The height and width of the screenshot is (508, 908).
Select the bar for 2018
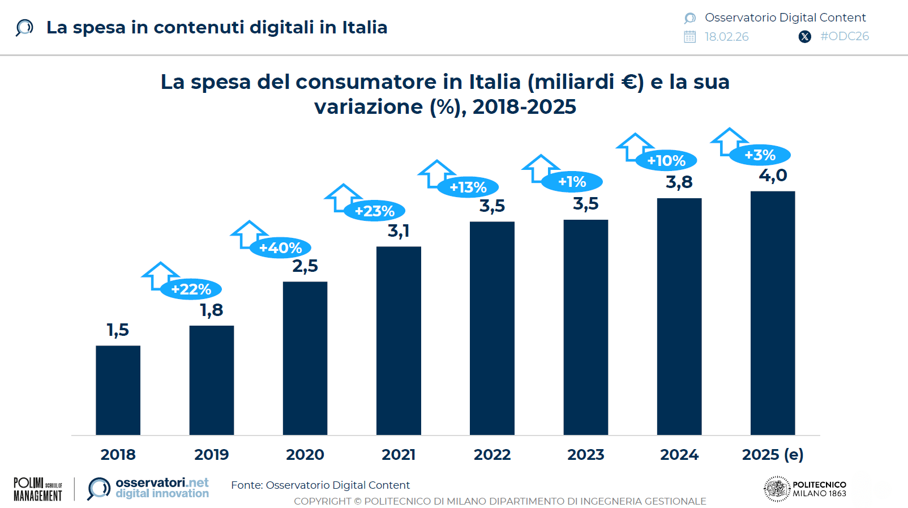[x=118, y=390]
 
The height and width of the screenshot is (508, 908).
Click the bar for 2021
[x=399, y=340]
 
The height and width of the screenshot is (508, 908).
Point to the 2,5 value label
[x=305, y=266]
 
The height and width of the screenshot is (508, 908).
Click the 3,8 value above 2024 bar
[x=679, y=182]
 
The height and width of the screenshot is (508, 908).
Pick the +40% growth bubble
[x=280, y=248]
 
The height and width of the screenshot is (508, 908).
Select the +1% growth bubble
[x=572, y=182]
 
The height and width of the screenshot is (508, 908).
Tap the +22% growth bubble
[x=191, y=289]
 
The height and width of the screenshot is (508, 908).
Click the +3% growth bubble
[x=760, y=155]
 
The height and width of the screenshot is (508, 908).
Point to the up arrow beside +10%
[x=634, y=146]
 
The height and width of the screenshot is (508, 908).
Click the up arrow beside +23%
[x=342, y=197]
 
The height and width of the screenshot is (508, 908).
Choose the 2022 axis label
[x=492, y=454]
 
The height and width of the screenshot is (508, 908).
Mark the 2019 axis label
[x=211, y=454]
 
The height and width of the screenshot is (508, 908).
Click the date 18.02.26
[x=726, y=37]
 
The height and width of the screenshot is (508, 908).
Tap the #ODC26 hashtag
[x=844, y=36]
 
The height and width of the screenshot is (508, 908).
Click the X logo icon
[x=804, y=37]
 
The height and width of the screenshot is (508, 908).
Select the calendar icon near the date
[x=689, y=37]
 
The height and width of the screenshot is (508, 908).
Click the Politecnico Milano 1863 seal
[x=777, y=489]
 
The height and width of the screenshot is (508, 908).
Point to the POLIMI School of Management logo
[x=37, y=489]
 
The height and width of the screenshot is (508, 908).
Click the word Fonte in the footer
[x=246, y=485]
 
